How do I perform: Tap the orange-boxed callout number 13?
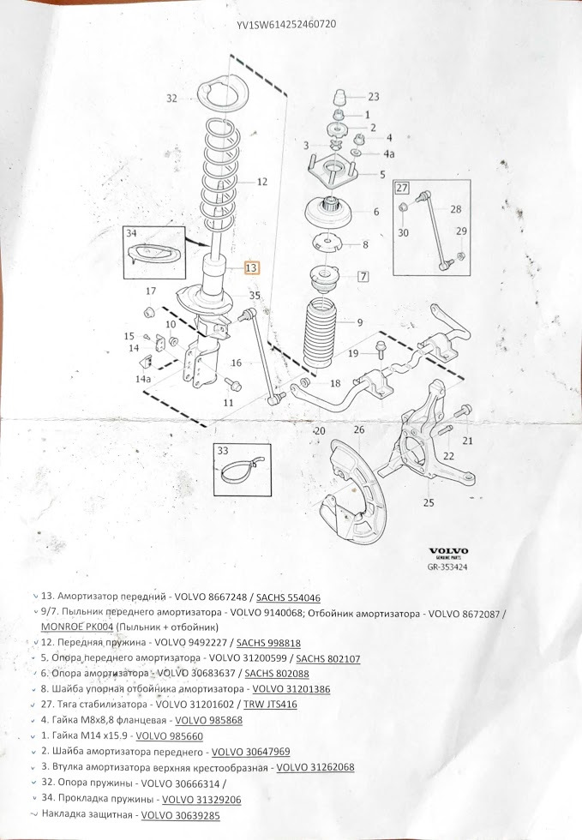[251, 267]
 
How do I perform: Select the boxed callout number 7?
[363, 276]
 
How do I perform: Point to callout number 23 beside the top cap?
[374, 97]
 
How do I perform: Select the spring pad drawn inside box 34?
[153, 255]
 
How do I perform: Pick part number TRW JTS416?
[270, 705]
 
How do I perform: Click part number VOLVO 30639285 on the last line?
[180, 815]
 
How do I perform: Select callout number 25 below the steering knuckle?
[429, 502]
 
